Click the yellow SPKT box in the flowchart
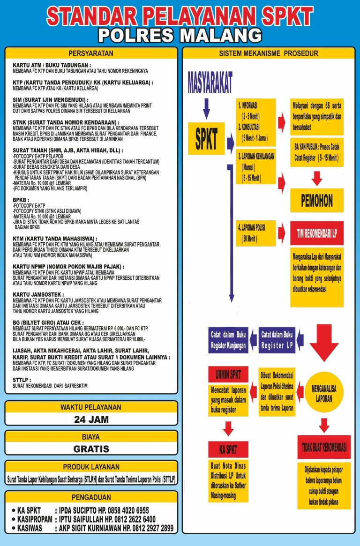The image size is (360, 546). pyautogui.click(x=206, y=138)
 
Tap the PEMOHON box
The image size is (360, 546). pyautogui.click(x=317, y=201)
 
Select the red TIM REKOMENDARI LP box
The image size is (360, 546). pyautogui.click(x=317, y=233)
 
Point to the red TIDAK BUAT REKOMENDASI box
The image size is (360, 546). pyautogui.click(x=324, y=447)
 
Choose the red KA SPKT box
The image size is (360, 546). pyautogui.click(x=228, y=449)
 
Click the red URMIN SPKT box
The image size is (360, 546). pyautogui.click(x=228, y=374)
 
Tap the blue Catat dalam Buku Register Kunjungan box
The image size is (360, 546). pyautogui.click(x=228, y=340)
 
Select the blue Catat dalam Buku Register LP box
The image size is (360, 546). pyautogui.click(x=277, y=340)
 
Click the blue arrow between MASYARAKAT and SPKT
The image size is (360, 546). pyautogui.click(x=206, y=108)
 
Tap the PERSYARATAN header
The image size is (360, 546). pyautogui.click(x=91, y=53)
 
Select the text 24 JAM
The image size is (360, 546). pyautogui.click(x=91, y=419)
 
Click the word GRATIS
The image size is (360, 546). pyautogui.click(x=91, y=449)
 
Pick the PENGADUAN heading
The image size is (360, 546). pyautogui.click(x=91, y=497)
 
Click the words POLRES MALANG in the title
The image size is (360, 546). pyautogui.click(x=180, y=35)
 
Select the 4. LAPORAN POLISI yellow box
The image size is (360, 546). pyautogui.click(x=255, y=233)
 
